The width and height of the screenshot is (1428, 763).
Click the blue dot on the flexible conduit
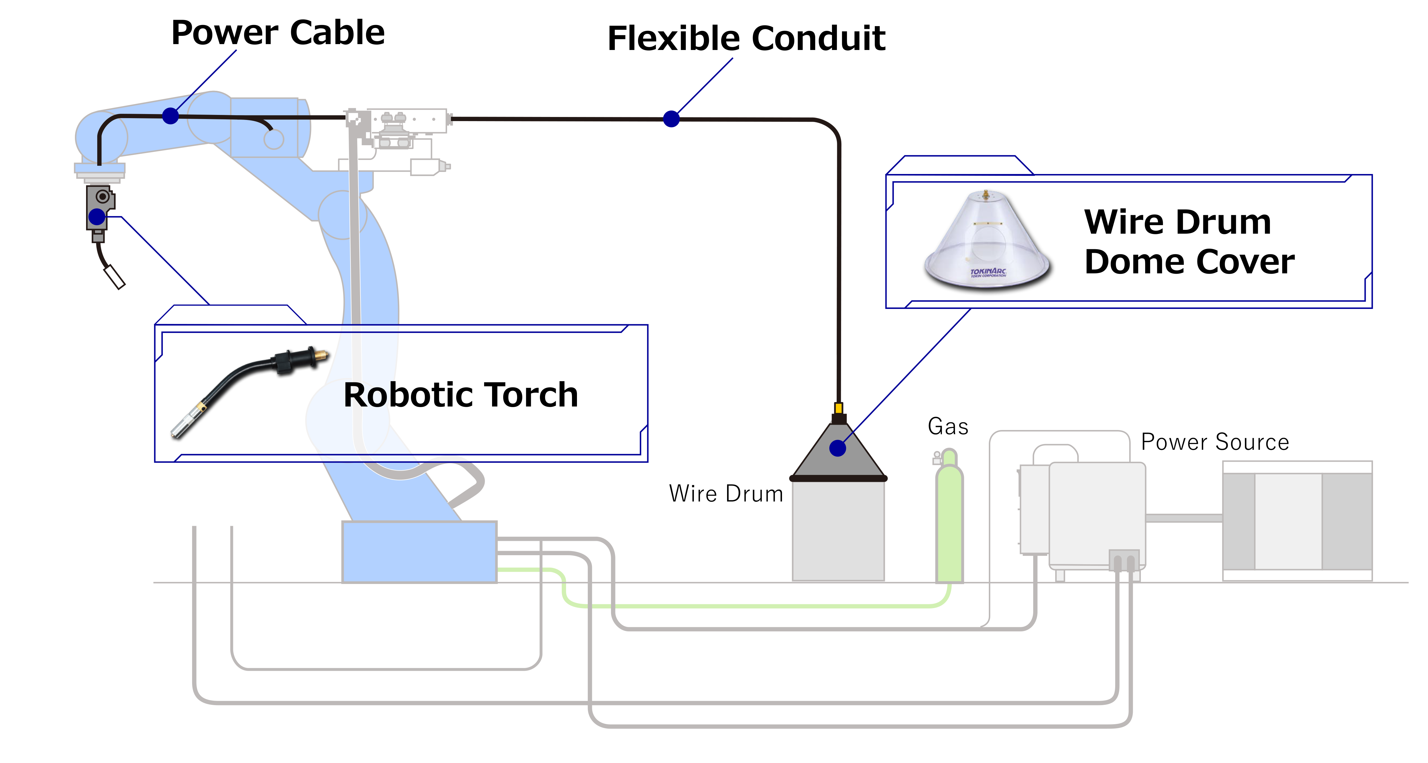pyautogui.click(x=671, y=119)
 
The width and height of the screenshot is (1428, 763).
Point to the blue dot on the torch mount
pyautogui.click(x=97, y=217)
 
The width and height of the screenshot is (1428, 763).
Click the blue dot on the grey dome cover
pyautogui.click(x=838, y=448)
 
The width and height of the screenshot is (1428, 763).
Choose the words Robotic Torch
pyautogui.click(x=461, y=395)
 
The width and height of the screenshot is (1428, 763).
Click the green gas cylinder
pyautogui.click(x=949, y=521)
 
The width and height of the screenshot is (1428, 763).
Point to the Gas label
pyautogui.click(x=948, y=426)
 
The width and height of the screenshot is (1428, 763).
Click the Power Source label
pyautogui.click(x=1214, y=442)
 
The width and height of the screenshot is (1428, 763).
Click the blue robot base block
pyautogui.click(x=419, y=552)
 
